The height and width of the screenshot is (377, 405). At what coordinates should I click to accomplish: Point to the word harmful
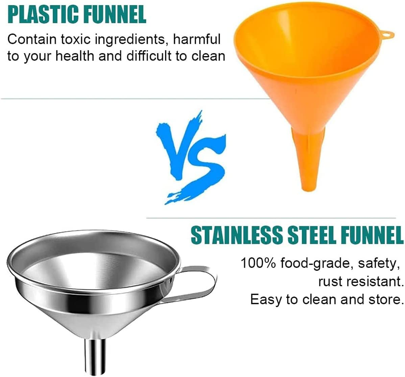[x=197, y=39]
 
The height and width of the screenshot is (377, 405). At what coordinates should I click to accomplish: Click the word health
[x=75, y=56]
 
